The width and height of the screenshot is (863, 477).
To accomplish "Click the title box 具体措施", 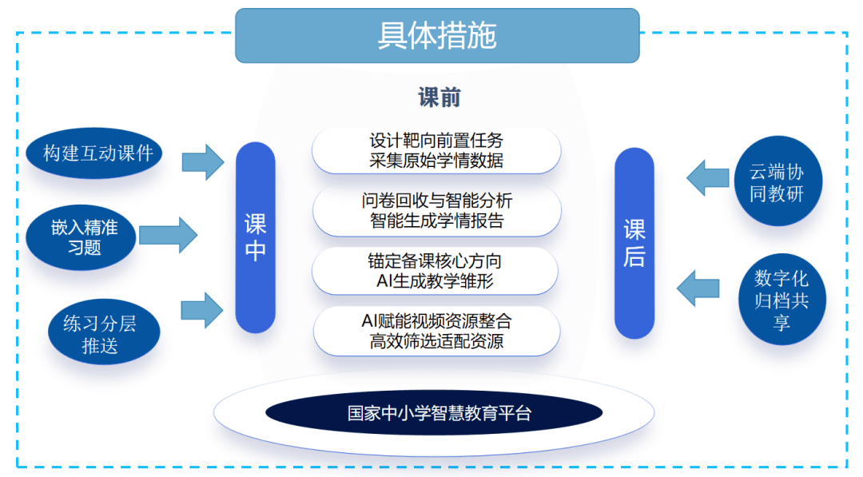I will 437,36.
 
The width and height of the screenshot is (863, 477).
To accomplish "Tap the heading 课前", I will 439,97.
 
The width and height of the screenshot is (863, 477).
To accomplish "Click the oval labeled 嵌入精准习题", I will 83,237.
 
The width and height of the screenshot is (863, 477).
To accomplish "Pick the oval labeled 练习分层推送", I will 100,334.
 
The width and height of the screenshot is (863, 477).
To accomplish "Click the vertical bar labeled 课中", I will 256,237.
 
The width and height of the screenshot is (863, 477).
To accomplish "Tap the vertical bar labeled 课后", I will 634,243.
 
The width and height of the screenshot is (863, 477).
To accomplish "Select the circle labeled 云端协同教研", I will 777,183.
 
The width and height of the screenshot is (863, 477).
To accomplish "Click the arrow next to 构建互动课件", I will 203,161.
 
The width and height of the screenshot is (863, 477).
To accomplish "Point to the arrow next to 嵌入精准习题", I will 168,235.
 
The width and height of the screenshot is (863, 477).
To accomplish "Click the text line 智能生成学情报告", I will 436,221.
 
